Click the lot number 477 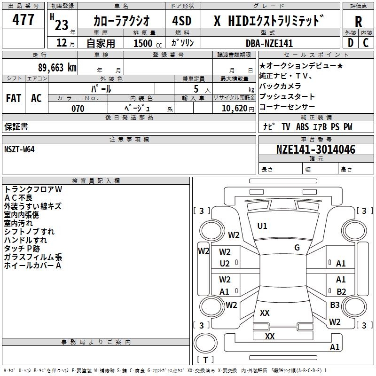point(23,19)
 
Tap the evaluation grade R point(358,22)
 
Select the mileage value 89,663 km point(57,68)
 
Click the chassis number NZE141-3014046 point(315,149)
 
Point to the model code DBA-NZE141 point(269,43)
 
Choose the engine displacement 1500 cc point(148,43)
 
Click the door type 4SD point(182,21)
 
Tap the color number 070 point(78,109)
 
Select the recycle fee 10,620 point(235,109)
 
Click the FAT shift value point(14,98)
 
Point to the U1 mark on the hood point(262,226)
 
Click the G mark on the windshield point(297,248)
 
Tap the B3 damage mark point(335,305)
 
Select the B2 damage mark point(341,291)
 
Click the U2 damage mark point(225,264)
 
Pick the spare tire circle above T point(205,343)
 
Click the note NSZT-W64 point(19,149)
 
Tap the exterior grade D point(351,43)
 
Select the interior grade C point(366,43)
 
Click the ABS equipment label point(302,127)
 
